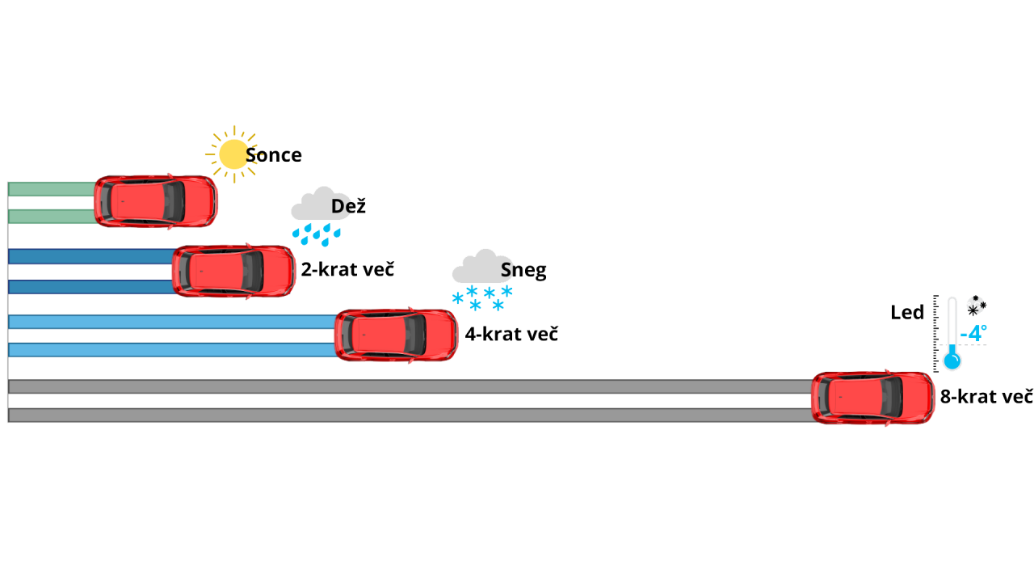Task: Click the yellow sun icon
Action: [233, 154]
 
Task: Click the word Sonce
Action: [273, 155]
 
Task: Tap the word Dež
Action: [348, 205]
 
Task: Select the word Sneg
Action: [523, 270]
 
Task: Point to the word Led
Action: [907, 312]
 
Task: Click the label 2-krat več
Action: [347, 269]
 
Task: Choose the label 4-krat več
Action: [511, 334]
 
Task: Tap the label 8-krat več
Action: [986, 396]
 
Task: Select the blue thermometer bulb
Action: [952, 361]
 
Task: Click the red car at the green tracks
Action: [156, 201]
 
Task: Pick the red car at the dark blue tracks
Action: [233, 271]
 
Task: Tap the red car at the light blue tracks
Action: [396, 335]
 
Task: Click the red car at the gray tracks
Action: [872, 398]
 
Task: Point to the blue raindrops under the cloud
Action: [317, 234]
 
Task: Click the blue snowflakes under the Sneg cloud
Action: [482, 298]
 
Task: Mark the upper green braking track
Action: [53, 189]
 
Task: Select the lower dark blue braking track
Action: [91, 287]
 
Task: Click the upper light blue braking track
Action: [173, 322]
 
